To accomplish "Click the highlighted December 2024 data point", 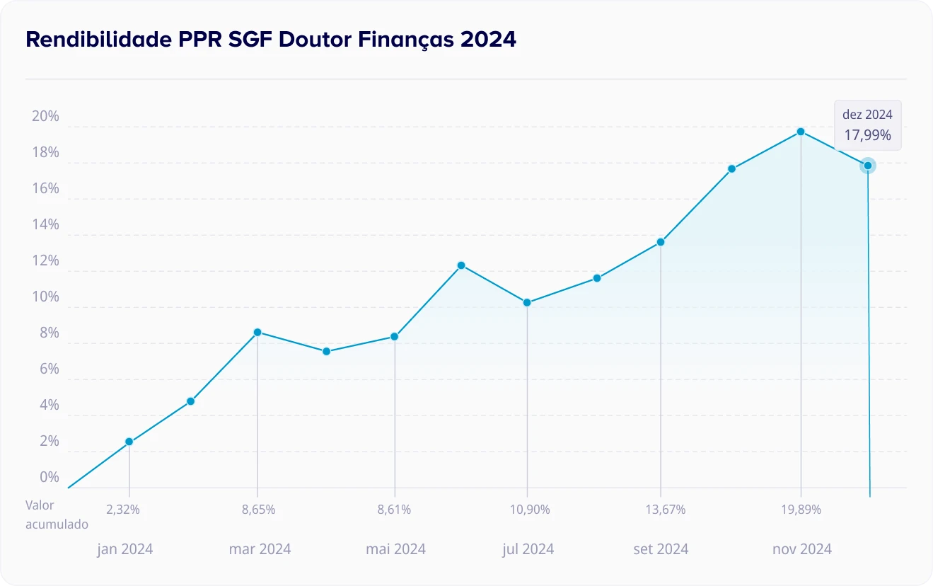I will click(868, 166).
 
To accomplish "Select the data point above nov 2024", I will click(801, 132).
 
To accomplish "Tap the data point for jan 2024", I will click(129, 442).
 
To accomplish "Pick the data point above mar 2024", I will click(257, 332).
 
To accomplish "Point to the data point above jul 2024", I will click(527, 302).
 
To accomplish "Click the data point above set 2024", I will click(661, 242).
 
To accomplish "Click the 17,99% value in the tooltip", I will click(867, 134).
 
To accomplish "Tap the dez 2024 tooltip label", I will click(867, 114).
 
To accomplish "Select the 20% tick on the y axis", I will click(45, 117).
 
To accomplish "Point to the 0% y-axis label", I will click(49, 477).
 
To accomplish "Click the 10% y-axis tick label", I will click(45, 297).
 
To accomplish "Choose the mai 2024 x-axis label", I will click(395, 549).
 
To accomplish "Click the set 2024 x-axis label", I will click(661, 549).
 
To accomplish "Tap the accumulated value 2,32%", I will click(123, 509).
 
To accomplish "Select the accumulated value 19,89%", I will click(801, 509).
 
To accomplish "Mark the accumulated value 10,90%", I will click(530, 509).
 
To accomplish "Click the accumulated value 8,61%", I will click(394, 509).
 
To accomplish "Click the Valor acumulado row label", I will click(57, 515).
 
